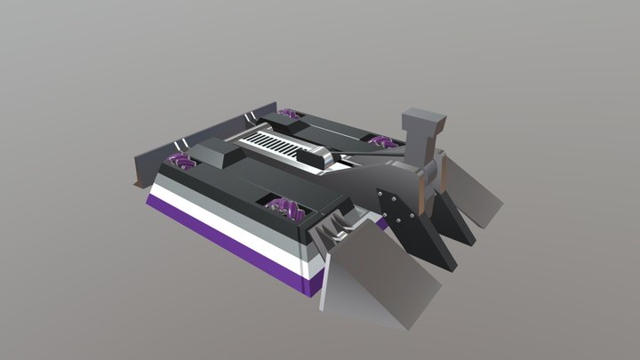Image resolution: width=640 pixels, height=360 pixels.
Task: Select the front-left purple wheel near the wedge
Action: (284, 210)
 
